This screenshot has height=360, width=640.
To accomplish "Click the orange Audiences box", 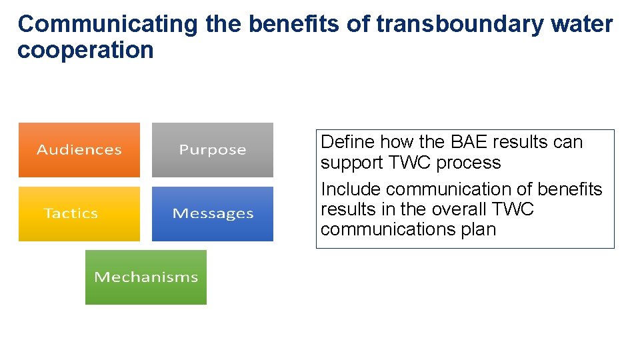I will pos(79,150).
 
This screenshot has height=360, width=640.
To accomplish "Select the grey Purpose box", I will pos(212,150).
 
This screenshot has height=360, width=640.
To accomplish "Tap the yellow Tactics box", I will pos(79,213).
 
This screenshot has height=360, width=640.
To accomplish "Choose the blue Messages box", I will pos(212,213).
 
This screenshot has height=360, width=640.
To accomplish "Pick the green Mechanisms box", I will pos(145,277).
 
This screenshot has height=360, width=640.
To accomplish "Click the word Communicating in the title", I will pos(107,24).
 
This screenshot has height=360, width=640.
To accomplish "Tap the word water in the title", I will pos(582,24).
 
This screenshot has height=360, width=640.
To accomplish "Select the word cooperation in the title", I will pos(85,50).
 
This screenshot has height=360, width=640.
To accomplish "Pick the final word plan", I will pos(479,229).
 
